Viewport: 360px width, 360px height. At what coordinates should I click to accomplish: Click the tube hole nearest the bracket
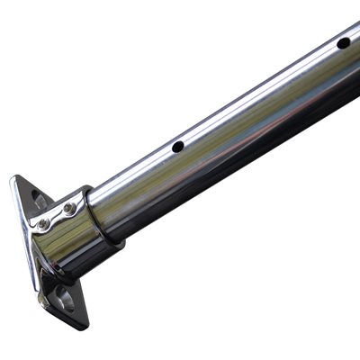pos(178,146)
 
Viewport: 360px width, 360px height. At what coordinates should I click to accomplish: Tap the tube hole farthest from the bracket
pos(343,42)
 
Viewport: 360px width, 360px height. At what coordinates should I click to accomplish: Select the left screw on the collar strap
pos(43,222)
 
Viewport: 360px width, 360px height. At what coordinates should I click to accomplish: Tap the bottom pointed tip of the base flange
pos(82,327)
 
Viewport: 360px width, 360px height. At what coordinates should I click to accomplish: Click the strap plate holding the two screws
pos(56,216)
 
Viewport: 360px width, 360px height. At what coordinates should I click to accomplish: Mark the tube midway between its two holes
pos(261,94)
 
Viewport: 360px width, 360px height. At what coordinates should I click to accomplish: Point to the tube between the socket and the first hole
pos(139,180)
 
